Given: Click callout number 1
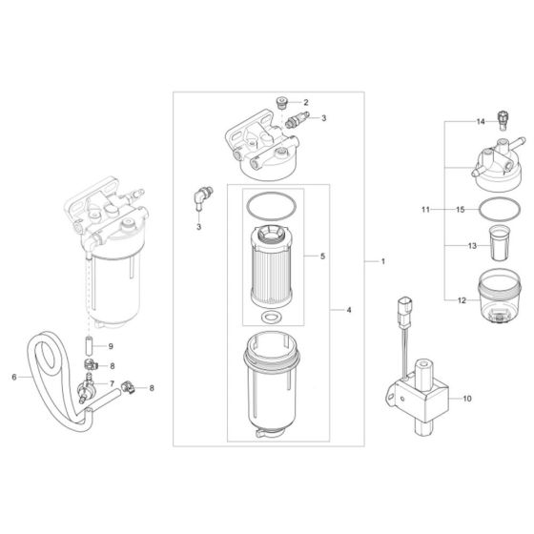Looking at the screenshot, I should [x=382, y=260].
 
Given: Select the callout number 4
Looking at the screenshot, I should [x=348, y=311].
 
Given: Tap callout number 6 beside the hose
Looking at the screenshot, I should [x=14, y=377].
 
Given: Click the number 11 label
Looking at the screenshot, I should [x=426, y=207].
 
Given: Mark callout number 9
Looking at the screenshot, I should [x=110, y=345].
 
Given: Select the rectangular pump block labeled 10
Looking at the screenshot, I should [x=420, y=396].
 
